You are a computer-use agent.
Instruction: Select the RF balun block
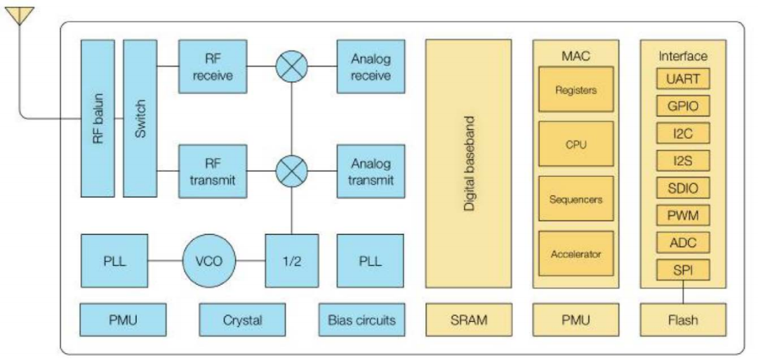[x=98, y=118]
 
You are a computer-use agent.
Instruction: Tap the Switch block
[x=140, y=118]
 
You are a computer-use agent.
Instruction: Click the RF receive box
[x=213, y=67]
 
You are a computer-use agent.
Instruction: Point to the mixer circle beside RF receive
[x=291, y=67]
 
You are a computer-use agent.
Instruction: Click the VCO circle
[x=208, y=261]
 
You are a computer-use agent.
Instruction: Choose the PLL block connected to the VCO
[x=114, y=261]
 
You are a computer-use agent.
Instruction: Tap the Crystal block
[x=242, y=320]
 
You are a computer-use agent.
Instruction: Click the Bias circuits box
[x=361, y=320]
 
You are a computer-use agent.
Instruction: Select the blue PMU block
[x=123, y=320]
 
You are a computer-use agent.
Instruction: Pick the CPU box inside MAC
[x=576, y=144]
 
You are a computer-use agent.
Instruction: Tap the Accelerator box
[x=576, y=253]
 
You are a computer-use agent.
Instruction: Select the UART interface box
[x=682, y=79]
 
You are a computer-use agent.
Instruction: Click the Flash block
[x=682, y=320]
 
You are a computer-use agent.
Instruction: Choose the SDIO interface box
[x=682, y=187]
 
